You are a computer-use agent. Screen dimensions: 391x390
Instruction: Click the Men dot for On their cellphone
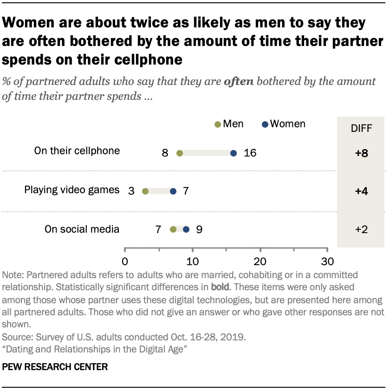[180, 153]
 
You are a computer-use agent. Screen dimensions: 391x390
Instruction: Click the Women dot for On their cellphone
[234, 153]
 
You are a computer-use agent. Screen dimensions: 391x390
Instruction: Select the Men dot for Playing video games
[145, 191]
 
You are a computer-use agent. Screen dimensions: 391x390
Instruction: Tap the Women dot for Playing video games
[173, 191]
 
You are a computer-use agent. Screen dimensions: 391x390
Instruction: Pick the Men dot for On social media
[173, 229]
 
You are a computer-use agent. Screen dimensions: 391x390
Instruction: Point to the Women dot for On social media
[186, 229]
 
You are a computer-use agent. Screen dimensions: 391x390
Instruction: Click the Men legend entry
[229, 124]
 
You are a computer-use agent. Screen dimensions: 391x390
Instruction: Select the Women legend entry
[283, 124]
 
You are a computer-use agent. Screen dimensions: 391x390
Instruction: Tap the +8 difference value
[361, 153]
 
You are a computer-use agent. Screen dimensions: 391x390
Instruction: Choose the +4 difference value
[361, 191]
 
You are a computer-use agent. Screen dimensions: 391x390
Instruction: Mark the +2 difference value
[361, 229]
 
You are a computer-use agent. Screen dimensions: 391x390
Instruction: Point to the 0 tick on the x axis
[125, 260]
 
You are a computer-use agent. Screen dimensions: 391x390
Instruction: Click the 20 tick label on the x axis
[260, 260]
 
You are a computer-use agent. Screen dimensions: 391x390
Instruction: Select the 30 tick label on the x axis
[328, 260]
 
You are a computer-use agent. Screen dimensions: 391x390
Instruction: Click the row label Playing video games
[72, 190]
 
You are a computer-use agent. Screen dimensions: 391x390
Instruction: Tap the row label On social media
[82, 228]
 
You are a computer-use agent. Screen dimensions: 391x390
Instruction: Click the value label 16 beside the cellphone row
[250, 153]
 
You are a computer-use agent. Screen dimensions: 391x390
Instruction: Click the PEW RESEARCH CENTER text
[55, 367]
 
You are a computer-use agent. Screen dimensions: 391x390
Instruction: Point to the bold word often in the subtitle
[239, 82]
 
